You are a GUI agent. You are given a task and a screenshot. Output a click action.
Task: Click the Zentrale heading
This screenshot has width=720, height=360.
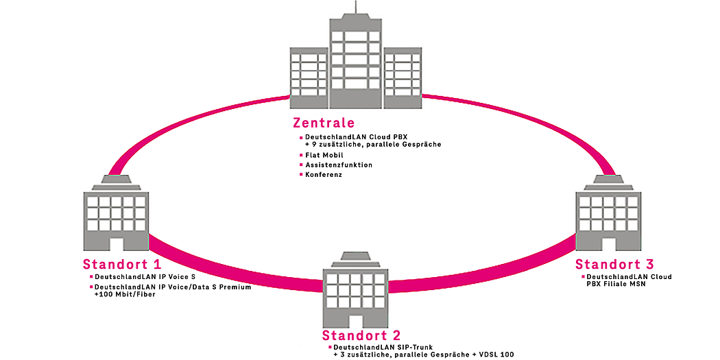(324, 123)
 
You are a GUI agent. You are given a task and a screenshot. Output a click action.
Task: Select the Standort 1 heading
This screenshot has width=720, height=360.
(122, 265)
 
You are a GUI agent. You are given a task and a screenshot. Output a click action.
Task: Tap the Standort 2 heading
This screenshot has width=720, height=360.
(361, 336)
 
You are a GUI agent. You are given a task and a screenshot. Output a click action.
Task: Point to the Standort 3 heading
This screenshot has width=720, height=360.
(614, 265)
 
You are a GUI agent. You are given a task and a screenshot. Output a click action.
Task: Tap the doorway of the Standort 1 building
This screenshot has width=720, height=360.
(115, 243)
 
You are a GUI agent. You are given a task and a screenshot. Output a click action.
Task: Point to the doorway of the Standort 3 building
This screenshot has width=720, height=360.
(609, 243)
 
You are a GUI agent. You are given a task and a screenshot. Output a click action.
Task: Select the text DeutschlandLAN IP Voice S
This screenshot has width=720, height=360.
(136, 277)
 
